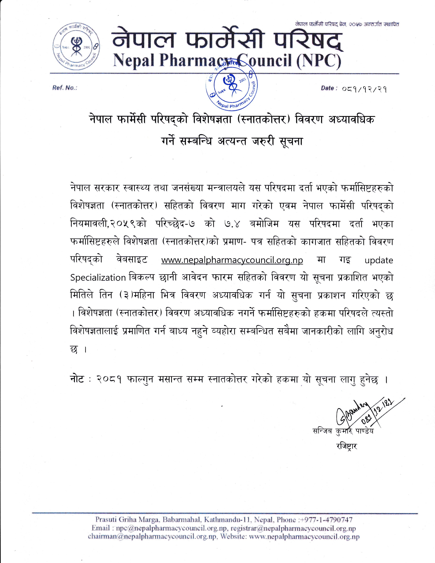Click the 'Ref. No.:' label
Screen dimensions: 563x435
[65, 88]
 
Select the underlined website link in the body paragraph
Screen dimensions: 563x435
[232, 260]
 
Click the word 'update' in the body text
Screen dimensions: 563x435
[379, 260]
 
